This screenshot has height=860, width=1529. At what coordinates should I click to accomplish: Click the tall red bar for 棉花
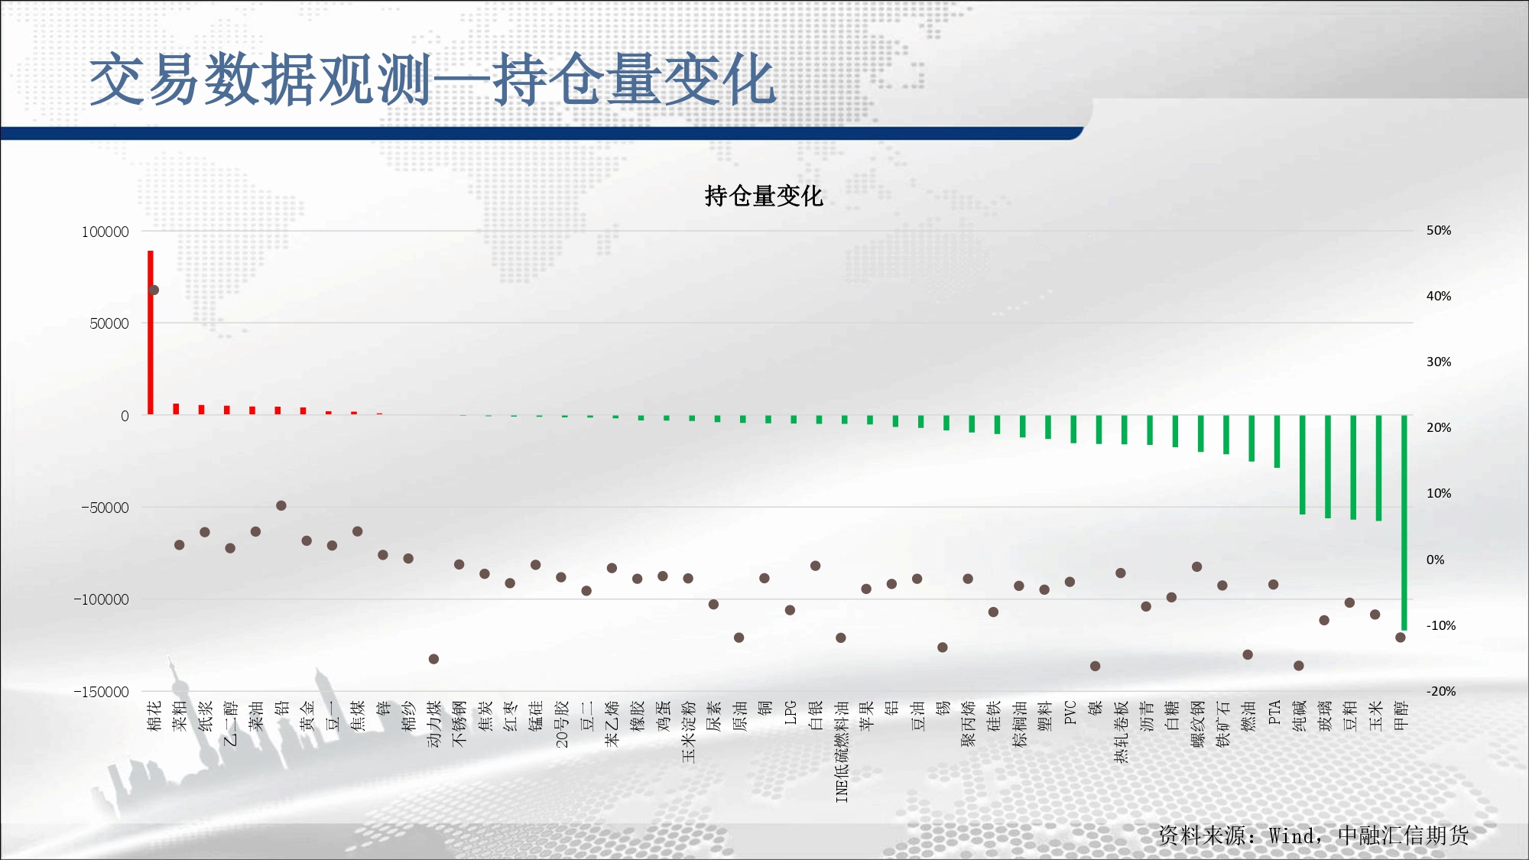pos(151,333)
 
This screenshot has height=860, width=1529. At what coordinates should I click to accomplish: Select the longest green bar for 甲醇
pos(1404,522)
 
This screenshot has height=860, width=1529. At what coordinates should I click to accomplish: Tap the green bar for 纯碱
pos(1303,465)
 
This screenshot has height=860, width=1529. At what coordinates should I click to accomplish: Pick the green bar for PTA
pos(1277,441)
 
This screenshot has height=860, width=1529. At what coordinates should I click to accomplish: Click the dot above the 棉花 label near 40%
pos(154,290)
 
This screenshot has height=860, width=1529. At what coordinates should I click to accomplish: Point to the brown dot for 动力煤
pos(433,659)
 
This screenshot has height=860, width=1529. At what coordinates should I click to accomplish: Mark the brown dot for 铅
pos(281,505)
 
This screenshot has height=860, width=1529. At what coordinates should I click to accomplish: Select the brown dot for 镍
pos(1095,666)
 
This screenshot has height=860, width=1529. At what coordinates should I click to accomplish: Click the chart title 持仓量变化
pos(764,196)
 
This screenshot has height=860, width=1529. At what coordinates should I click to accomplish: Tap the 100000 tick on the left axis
pos(106,232)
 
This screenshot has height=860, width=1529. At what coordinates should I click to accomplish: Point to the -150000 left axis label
pos(101,692)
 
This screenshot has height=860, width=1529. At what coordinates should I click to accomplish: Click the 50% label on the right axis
pos(1439,230)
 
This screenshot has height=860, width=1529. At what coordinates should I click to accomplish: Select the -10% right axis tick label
pos(1441,625)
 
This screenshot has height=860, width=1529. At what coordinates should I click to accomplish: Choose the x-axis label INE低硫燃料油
pos(842,751)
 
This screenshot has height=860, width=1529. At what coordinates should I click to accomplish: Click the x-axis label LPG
pos(790,712)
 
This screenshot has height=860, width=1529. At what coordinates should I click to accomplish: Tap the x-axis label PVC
pos(1070,712)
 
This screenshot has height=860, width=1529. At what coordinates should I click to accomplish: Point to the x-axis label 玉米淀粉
pos(689,732)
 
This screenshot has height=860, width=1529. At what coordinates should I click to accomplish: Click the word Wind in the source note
pos(1292,836)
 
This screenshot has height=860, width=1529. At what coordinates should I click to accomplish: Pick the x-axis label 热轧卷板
pos(1122,732)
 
